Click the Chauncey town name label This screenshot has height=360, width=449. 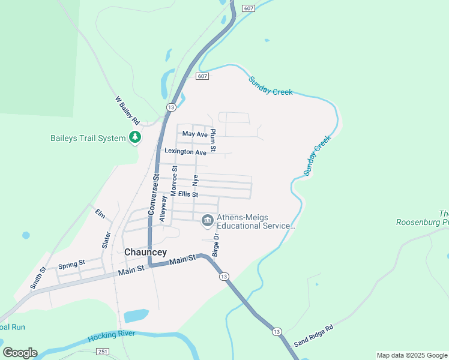pos(145,253)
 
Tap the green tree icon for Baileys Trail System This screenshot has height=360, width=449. pos(136,138)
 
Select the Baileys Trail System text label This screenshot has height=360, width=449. pos(88,138)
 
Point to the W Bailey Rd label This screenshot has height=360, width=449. pos(127,111)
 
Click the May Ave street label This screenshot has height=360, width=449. pos(194,134)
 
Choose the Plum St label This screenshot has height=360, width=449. pos(213,139)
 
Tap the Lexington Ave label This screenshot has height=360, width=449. pos(185,152)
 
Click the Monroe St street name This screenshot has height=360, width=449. pos(174,181)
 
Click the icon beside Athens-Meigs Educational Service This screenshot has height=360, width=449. pos(208,221)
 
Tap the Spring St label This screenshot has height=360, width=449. pos(71,265)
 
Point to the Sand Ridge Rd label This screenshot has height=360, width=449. pos(313,337)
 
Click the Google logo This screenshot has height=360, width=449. pos(20,353)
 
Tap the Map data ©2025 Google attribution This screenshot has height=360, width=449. pos(412,355)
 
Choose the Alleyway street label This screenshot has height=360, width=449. pos(163,209)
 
